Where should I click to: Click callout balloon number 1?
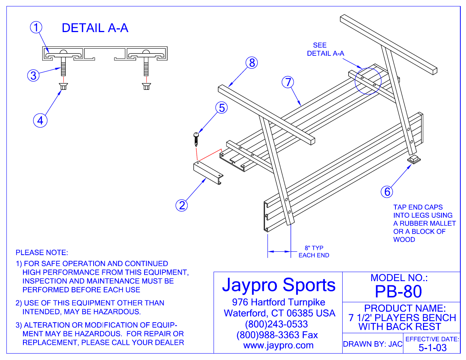tap(36, 28)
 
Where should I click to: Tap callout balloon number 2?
tap(182, 205)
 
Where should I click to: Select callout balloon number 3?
tap(34, 75)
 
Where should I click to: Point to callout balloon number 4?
tap(40, 121)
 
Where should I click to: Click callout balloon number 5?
tap(222, 108)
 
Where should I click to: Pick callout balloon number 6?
tap(387, 192)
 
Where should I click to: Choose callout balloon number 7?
tap(288, 82)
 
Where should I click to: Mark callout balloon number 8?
tap(252, 63)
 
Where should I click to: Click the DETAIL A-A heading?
tap(95, 28)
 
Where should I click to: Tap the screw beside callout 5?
tap(196, 139)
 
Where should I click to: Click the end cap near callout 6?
tap(414, 160)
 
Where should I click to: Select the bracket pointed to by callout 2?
tap(208, 173)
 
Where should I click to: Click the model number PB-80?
tap(398, 292)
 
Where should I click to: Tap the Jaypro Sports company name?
tap(278, 285)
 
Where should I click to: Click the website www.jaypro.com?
tap(278, 346)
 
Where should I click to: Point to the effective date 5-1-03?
tap(432, 348)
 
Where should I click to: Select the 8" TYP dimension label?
tap(314, 248)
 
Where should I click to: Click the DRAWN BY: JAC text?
tap(372, 344)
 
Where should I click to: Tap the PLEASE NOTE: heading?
tap(42, 252)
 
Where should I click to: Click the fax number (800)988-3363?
tap(277, 335)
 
